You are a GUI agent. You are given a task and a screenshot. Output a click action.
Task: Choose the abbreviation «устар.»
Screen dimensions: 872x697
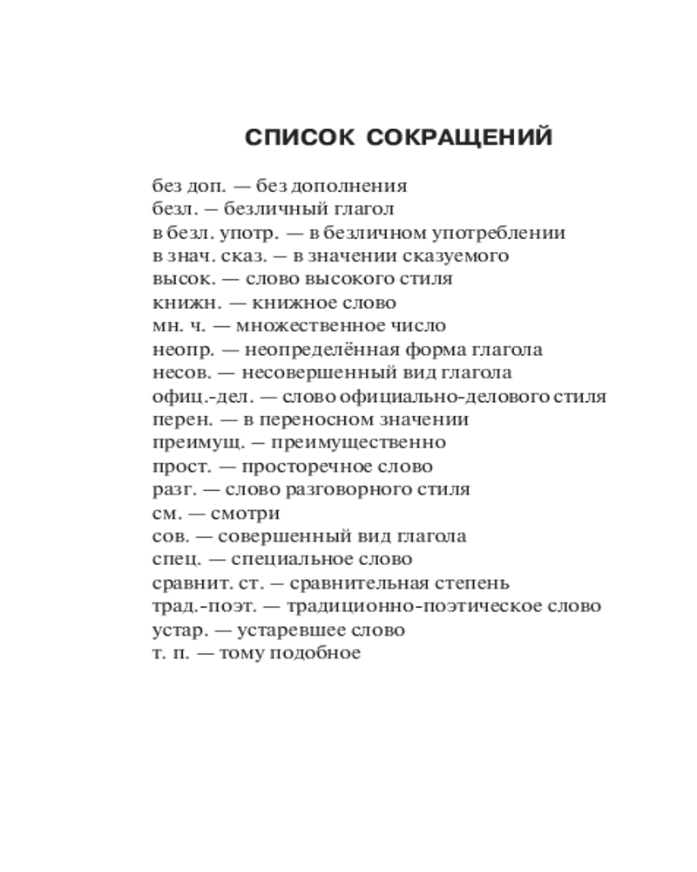(x=179, y=630)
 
